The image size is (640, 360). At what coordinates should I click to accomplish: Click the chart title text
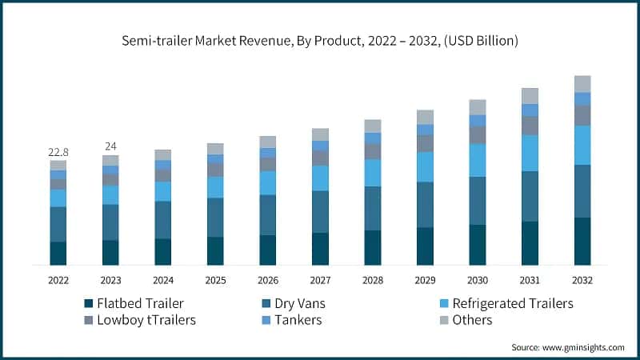tap(320, 41)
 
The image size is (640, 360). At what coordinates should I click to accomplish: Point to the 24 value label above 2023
tap(110, 146)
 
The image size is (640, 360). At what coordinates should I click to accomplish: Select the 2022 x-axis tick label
tap(58, 280)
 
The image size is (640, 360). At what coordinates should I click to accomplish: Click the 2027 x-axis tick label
tap(320, 280)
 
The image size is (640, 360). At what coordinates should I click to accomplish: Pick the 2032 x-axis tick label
tap(582, 280)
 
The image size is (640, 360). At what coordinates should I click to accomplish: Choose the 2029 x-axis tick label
tap(425, 280)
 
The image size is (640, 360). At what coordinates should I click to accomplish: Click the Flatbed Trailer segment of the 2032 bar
tap(582, 241)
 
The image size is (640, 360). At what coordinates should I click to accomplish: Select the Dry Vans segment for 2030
tap(477, 200)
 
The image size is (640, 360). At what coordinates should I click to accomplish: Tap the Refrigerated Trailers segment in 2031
tap(530, 153)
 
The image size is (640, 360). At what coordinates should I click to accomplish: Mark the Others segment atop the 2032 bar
tap(582, 84)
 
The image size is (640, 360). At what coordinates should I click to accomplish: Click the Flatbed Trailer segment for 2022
tap(58, 253)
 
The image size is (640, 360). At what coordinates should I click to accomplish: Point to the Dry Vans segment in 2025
tap(215, 217)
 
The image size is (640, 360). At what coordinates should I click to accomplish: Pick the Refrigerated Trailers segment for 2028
tap(372, 173)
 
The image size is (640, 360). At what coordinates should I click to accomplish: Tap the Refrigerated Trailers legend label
tap(513, 304)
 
